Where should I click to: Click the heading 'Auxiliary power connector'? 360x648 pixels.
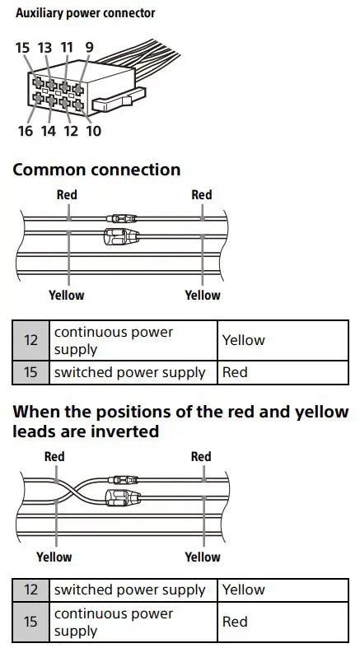(85, 13)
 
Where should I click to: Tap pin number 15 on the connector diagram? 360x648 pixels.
(22, 48)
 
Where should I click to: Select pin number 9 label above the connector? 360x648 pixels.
(88, 48)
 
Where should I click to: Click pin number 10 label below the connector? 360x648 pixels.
(93, 130)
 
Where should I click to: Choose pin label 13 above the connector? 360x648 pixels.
(44, 48)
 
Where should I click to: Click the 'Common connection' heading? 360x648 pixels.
(96, 170)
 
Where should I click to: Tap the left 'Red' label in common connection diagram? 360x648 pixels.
(67, 195)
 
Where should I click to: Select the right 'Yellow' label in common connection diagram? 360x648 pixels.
(202, 295)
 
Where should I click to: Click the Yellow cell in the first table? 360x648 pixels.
(244, 340)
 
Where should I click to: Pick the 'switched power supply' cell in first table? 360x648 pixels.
(129, 372)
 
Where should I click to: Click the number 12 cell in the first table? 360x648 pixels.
(31, 340)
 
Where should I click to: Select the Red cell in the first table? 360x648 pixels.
(235, 372)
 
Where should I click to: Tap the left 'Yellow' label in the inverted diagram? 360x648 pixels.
(54, 557)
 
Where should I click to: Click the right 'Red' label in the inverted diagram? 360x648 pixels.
(201, 457)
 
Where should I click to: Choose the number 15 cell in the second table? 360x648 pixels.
(31, 622)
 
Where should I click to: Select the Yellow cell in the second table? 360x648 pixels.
(244, 590)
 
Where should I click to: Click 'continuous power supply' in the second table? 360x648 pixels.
(114, 622)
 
